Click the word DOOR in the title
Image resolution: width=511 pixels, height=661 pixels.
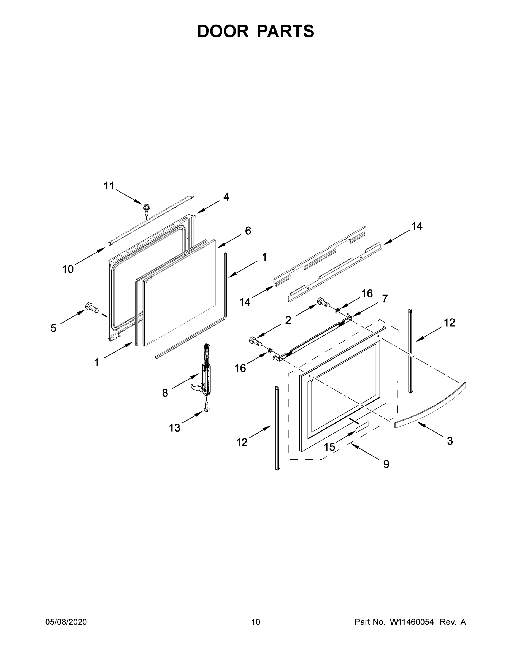[x=223, y=31]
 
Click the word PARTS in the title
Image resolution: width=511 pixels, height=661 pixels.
[x=286, y=31]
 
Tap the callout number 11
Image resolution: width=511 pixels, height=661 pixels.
[x=109, y=186]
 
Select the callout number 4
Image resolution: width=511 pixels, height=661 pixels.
[x=226, y=197]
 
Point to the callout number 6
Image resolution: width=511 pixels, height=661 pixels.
[x=248, y=231]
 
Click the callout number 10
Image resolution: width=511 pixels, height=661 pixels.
[x=68, y=269]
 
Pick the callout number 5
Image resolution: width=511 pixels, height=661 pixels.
[x=53, y=328]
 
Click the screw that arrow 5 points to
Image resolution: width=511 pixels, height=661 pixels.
[x=92, y=307]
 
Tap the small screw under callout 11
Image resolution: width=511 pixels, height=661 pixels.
[x=147, y=209]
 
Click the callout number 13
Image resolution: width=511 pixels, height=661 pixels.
[x=175, y=428]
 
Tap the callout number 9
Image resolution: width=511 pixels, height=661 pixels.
[x=386, y=464]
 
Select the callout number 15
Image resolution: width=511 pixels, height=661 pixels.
[x=330, y=447]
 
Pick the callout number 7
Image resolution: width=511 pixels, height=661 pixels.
[x=385, y=299]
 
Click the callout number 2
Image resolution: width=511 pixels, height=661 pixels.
[x=288, y=320]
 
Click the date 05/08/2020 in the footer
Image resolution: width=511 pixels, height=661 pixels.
[x=66, y=622]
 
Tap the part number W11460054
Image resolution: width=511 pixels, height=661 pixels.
[x=412, y=622]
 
